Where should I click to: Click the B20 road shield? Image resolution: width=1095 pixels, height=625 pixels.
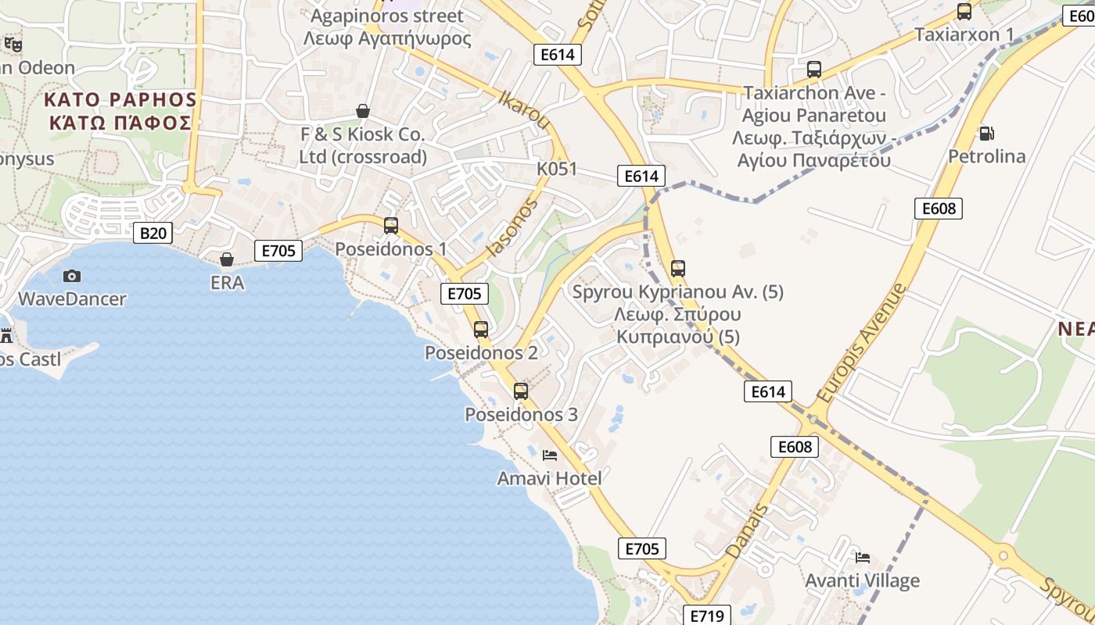(153, 233)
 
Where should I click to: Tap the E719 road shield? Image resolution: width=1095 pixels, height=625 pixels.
(707, 616)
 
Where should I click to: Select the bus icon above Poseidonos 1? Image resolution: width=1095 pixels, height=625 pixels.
(391, 226)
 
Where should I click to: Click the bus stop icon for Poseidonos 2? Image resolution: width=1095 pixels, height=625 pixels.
(481, 329)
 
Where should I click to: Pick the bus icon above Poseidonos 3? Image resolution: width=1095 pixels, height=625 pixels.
(521, 391)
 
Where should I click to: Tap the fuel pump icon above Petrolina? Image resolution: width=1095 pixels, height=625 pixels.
(986, 134)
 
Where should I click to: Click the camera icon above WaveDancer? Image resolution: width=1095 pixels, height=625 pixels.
(72, 276)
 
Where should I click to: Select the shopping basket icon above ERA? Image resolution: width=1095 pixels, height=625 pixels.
(227, 259)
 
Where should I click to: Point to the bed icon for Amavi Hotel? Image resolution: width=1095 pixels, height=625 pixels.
(550, 455)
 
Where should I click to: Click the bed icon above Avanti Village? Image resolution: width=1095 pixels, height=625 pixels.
(863, 557)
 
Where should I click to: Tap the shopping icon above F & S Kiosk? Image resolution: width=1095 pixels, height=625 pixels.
(363, 111)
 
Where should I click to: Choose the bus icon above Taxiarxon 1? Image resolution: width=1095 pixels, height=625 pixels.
(964, 12)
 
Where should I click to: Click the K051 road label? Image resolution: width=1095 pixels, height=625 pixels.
(557, 169)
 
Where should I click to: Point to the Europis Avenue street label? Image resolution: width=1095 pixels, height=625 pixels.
(860, 342)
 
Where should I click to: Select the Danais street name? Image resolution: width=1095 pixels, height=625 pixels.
(748, 531)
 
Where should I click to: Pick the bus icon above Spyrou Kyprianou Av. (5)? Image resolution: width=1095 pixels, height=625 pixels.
(678, 269)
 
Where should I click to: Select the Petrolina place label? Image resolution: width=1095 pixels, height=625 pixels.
(986, 156)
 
